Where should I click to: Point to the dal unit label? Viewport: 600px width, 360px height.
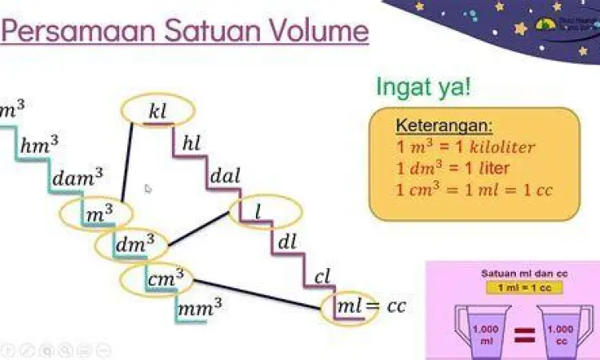(224, 175)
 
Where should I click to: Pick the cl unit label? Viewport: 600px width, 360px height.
(322, 277)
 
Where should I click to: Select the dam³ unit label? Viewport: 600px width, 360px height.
(78, 177)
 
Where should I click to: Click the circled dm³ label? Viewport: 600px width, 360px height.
(134, 246)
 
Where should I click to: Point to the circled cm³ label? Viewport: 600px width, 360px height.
(165, 278)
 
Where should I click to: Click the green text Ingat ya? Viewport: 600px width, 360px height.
(423, 86)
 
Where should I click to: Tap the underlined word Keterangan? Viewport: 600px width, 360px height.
(444, 127)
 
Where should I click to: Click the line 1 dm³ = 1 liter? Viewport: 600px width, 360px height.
(453, 169)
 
